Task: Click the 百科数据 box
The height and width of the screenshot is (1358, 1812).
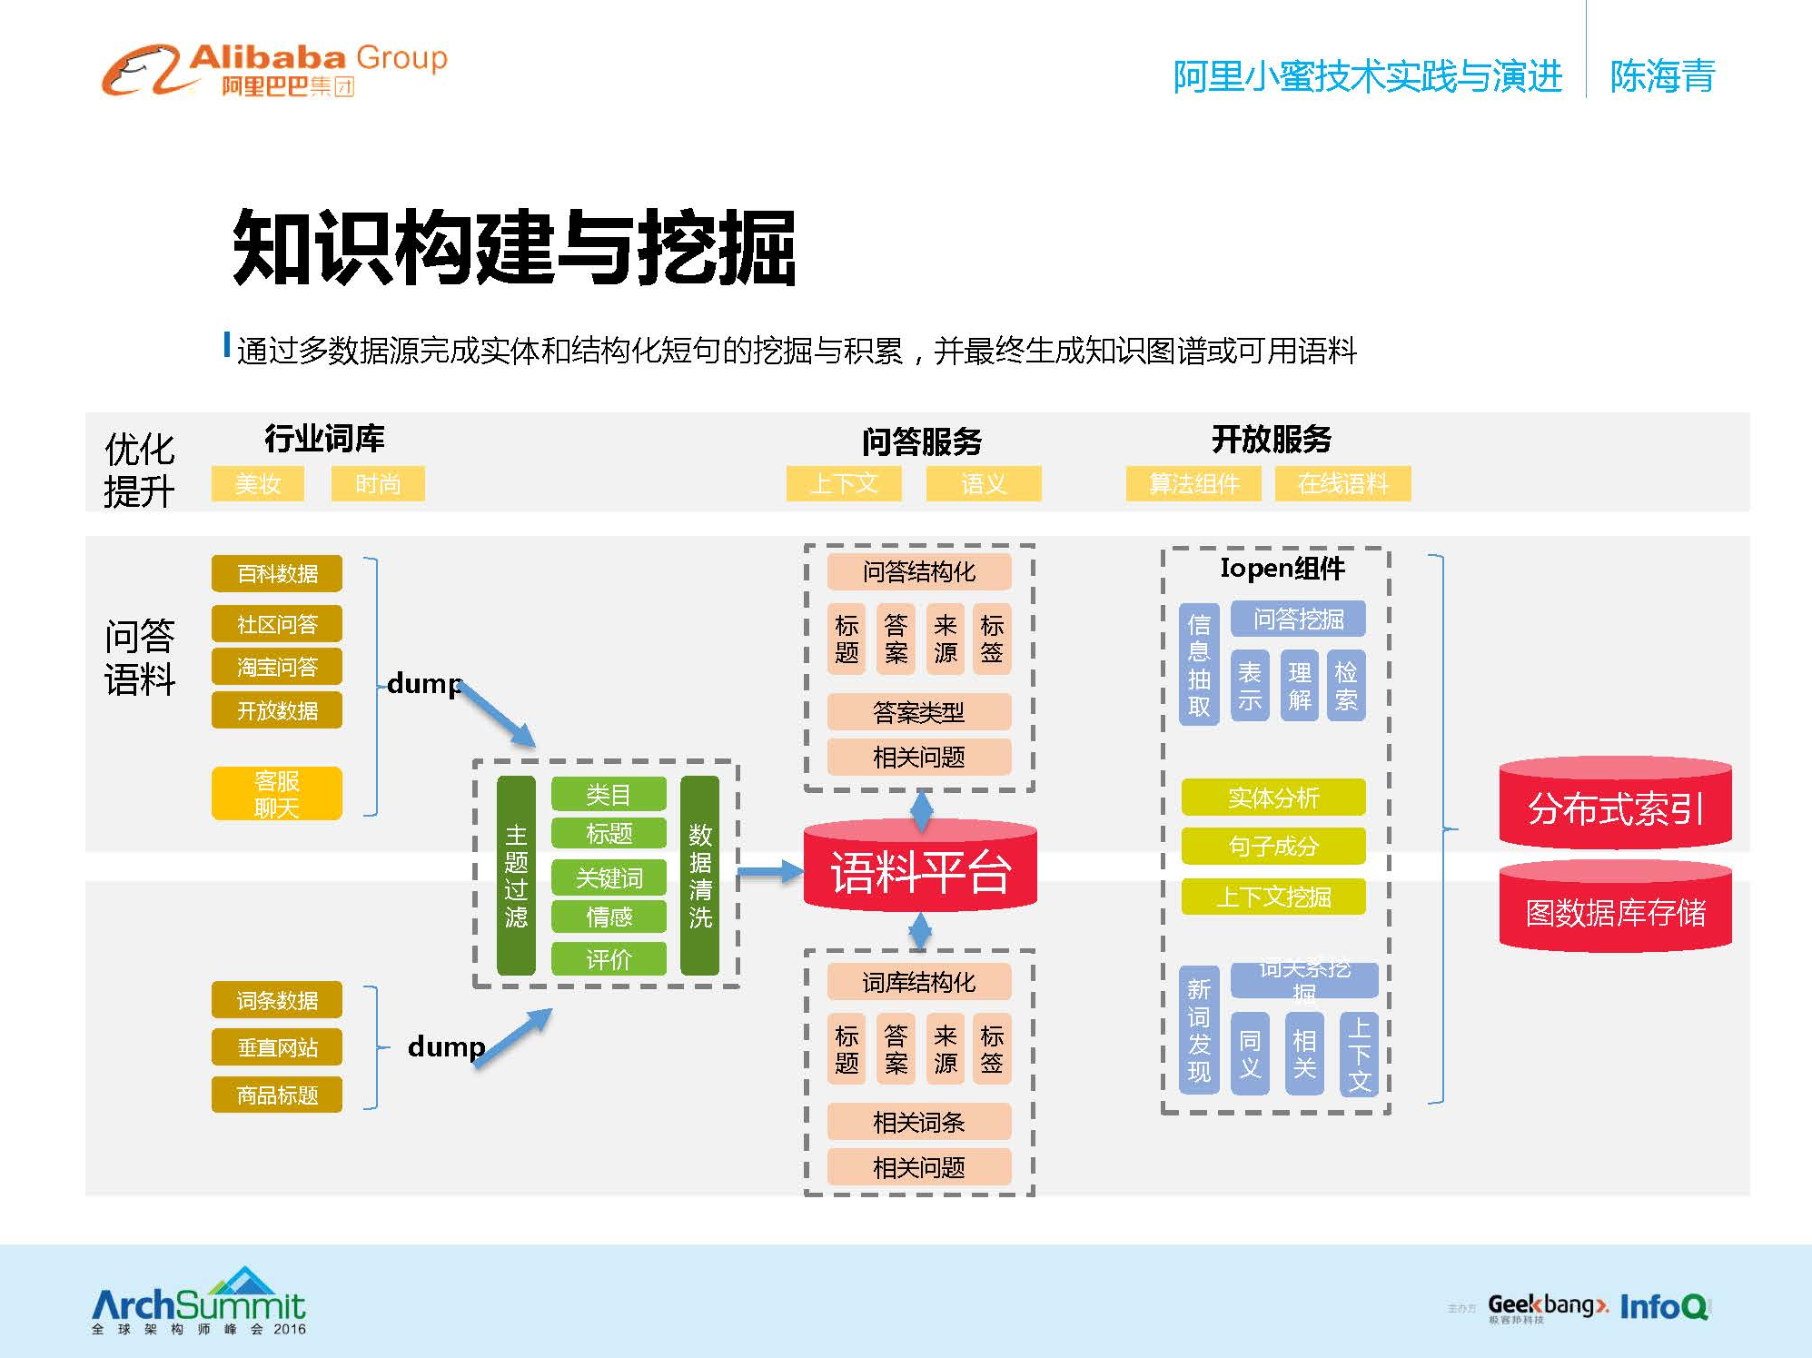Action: tap(277, 573)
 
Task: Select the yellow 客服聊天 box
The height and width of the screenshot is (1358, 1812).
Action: tap(277, 793)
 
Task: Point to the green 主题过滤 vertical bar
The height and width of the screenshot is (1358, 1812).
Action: tap(516, 876)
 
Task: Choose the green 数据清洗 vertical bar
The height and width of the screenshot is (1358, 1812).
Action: tap(699, 876)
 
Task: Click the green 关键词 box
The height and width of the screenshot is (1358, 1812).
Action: tap(609, 877)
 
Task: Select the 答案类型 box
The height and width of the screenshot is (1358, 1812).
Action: tap(918, 712)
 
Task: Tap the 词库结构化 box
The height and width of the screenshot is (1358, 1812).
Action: tap(918, 982)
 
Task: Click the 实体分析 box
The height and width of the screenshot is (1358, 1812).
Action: tap(1272, 798)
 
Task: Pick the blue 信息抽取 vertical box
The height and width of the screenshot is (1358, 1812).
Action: tap(1199, 665)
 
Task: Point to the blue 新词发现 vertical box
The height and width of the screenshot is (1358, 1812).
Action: tap(1199, 1029)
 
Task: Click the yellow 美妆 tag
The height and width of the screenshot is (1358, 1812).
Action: tap(258, 483)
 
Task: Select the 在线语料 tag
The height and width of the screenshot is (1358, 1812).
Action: tap(1342, 483)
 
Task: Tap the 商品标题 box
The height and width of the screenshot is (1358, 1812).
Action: tap(277, 1095)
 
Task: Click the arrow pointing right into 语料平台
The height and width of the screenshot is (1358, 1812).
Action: tap(769, 872)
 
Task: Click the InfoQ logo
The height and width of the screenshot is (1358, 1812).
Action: tap(1664, 1307)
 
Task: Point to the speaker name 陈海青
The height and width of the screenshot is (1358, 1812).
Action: tap(1662, 76)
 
